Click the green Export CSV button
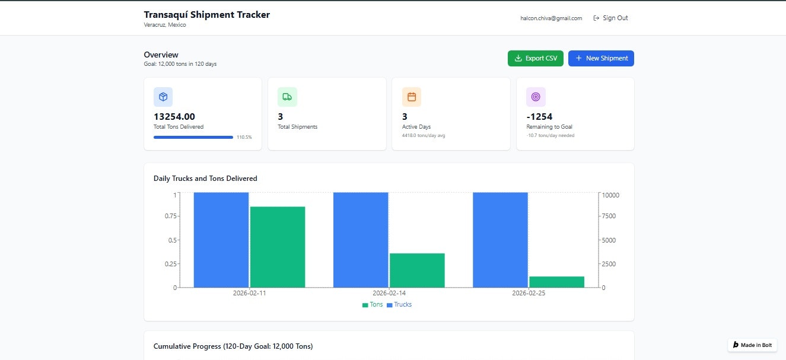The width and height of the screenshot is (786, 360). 535,58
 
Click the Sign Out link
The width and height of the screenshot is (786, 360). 610,18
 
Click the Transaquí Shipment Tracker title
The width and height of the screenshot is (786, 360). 206,15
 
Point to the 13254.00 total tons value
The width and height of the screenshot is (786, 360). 174,117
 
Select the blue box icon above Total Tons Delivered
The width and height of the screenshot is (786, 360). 163,97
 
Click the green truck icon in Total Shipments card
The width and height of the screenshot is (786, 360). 287,97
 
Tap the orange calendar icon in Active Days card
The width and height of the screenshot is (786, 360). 412,97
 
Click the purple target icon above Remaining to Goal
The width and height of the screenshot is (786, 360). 536,97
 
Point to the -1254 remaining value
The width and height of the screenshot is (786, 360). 539,117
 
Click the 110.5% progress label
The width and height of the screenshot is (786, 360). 244,137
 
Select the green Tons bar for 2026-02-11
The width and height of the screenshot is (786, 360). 278,247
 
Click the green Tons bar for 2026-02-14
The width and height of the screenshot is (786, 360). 417,270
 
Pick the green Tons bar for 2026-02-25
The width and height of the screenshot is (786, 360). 556,282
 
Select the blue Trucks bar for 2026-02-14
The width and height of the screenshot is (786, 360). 361,240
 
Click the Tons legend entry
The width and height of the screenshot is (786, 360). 373,305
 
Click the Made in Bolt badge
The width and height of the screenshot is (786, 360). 752,345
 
